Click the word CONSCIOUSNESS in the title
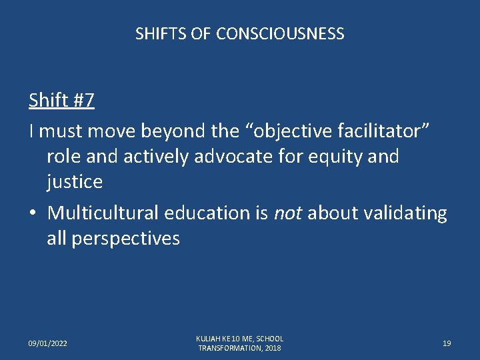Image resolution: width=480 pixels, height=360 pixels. click(280, 33)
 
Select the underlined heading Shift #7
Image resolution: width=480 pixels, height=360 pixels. click(61, 101)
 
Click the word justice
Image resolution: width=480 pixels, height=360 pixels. click(75, 181)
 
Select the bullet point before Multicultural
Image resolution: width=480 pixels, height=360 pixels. click(33, 213)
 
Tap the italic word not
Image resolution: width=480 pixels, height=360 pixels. click(289, 213)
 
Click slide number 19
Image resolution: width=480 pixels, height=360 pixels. click(447, 343)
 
